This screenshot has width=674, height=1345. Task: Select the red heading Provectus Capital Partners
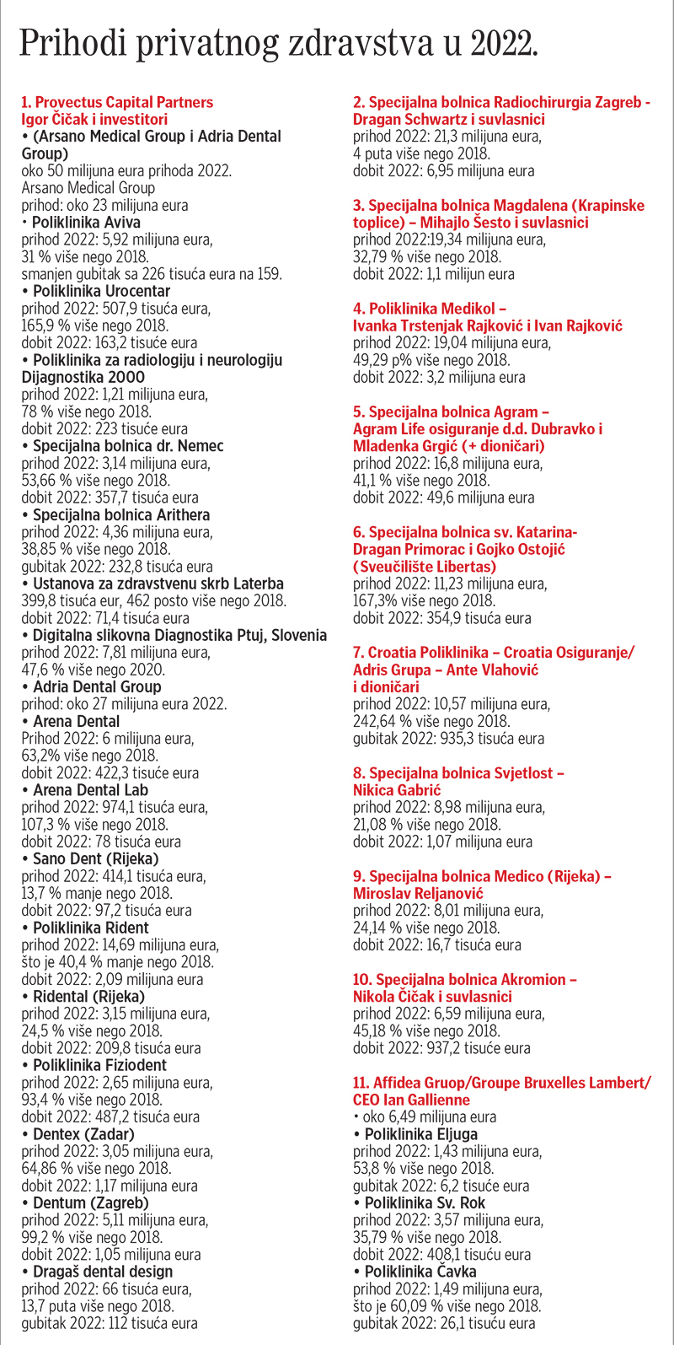117,102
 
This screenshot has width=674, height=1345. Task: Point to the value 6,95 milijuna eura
473,171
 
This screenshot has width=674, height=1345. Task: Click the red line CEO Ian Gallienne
412,1100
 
